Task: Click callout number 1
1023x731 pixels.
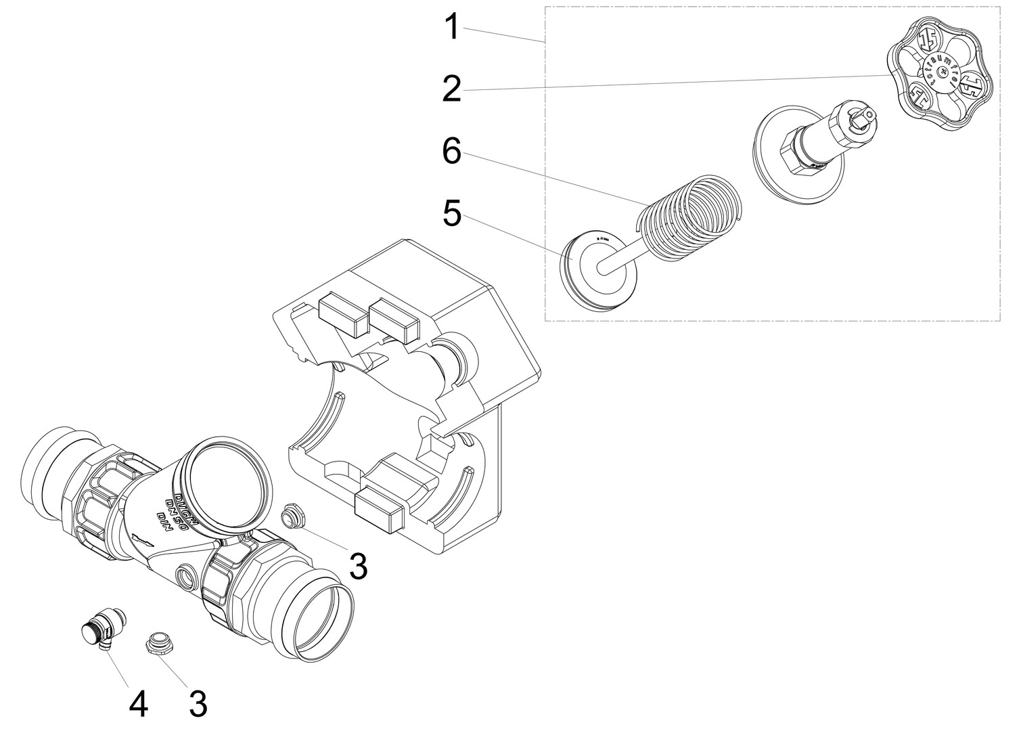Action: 451,29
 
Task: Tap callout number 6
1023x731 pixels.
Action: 451,152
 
